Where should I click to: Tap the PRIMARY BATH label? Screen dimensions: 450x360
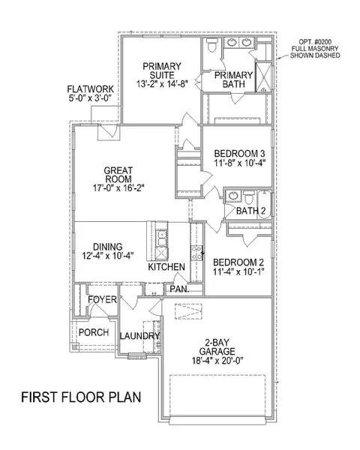(234, 81)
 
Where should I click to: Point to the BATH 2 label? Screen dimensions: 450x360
(251, 211)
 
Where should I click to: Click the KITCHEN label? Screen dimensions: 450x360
(167, 267)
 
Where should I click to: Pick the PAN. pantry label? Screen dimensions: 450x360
(178, 289)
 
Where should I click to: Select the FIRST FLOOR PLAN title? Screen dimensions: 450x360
(82, 396)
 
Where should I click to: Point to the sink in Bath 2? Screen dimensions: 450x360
(233, 197)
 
